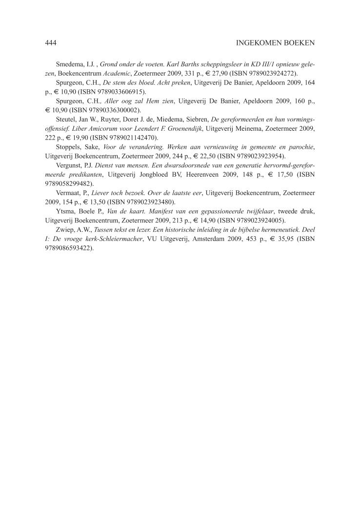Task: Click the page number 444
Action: pos(51,43)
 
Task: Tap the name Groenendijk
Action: pos(178,129)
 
